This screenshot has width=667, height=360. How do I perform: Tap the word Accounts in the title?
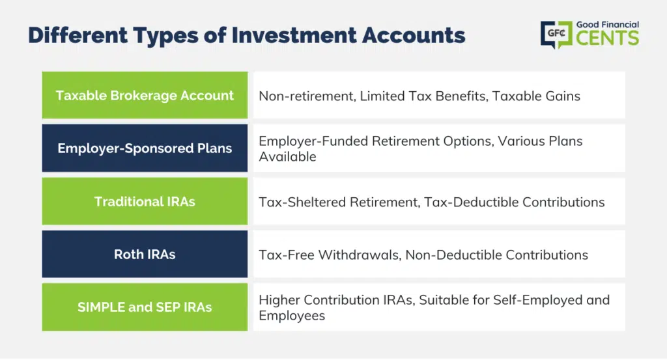414,35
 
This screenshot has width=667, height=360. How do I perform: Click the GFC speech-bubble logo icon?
556,35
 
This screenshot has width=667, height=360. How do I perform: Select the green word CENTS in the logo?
608,38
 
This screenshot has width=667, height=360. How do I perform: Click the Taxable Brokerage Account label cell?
145,95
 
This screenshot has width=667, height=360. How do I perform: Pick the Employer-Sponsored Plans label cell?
145,148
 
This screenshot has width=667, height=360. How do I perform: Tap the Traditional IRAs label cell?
145,201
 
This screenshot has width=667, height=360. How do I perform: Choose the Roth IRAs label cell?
145,254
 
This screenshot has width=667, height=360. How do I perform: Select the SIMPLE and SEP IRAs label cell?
145,307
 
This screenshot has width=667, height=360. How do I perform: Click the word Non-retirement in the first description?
307,96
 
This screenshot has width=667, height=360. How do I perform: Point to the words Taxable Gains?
536,96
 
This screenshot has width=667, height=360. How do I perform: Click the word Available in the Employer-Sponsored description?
287,157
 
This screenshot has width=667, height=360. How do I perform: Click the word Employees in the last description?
292,316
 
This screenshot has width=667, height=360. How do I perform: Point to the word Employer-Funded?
313,141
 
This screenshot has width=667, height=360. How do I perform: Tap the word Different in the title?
78,35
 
